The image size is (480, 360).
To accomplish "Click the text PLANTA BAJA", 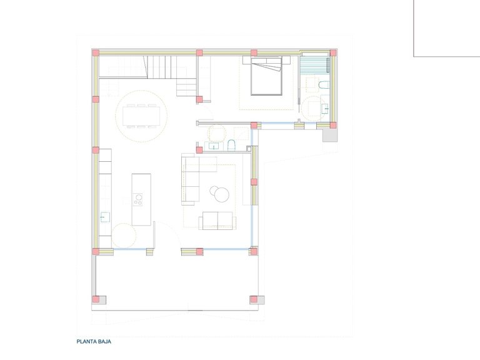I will (94, 342).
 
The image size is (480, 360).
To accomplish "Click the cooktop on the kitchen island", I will (139, 200).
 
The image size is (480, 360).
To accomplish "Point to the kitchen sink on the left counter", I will (105, 217).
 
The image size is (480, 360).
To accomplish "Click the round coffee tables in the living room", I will (220, 194).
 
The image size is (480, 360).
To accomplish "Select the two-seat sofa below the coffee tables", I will (216, 221).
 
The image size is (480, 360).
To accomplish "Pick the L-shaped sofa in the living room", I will (194, 178).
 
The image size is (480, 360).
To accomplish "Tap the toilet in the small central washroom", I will (231, 146).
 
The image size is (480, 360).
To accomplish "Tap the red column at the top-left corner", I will (96, 53).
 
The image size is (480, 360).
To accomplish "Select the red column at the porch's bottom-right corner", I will (253, 299).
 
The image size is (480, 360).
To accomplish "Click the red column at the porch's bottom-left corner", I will (96, 299).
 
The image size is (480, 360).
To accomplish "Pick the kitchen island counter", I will (141, 199).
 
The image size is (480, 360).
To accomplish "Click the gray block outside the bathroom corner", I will (329, 136).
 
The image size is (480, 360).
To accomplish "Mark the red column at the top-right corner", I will (333, 53).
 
